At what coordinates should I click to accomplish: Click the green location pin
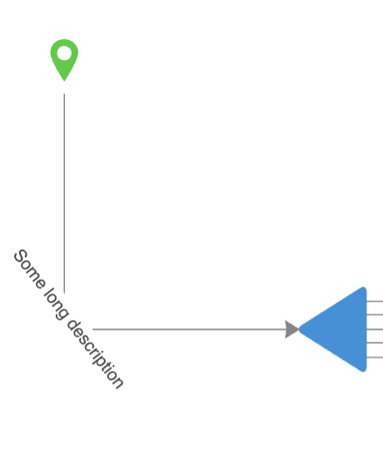coord(64,57)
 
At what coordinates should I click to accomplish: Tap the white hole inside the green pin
coord(64,53)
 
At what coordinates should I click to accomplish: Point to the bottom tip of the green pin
coord(64,81)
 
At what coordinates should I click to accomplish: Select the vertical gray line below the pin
coord(64,193)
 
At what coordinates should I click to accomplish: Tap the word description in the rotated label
coord(95,354)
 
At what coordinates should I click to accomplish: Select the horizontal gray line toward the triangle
coord(189,329)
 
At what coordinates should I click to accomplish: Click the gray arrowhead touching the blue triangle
coord(292,329)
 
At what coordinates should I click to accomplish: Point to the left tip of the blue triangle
coord(299,329)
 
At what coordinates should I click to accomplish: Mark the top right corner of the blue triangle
coord(366,288)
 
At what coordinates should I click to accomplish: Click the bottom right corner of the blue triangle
coord(366,370)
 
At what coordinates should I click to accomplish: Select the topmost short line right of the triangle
coord(375,301)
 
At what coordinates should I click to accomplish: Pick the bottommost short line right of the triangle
coord(375,358)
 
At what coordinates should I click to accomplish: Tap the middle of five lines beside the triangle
coord(375,329)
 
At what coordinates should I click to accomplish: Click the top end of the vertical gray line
coord(64,94)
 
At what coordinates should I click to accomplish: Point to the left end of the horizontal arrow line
coord(92,329)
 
